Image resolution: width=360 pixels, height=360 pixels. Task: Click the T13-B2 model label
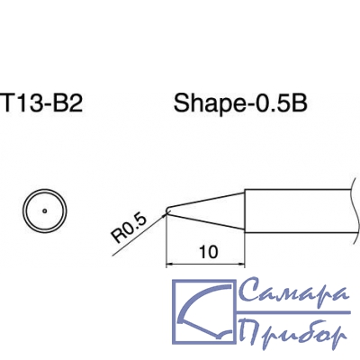(42, 102)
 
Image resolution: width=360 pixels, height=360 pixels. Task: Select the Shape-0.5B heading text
(240, 103)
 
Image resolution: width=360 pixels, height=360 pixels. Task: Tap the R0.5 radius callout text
(130, 229)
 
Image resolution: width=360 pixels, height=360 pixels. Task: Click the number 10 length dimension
(209, 252)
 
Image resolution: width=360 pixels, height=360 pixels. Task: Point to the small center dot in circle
(45, 211)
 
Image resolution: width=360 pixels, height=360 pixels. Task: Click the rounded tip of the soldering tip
(167, 210)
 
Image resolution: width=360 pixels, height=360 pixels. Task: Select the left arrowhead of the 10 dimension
(170, 265)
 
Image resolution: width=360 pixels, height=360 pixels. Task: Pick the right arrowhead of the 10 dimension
(241, 265)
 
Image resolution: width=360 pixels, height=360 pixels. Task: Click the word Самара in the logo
(294, 290)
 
